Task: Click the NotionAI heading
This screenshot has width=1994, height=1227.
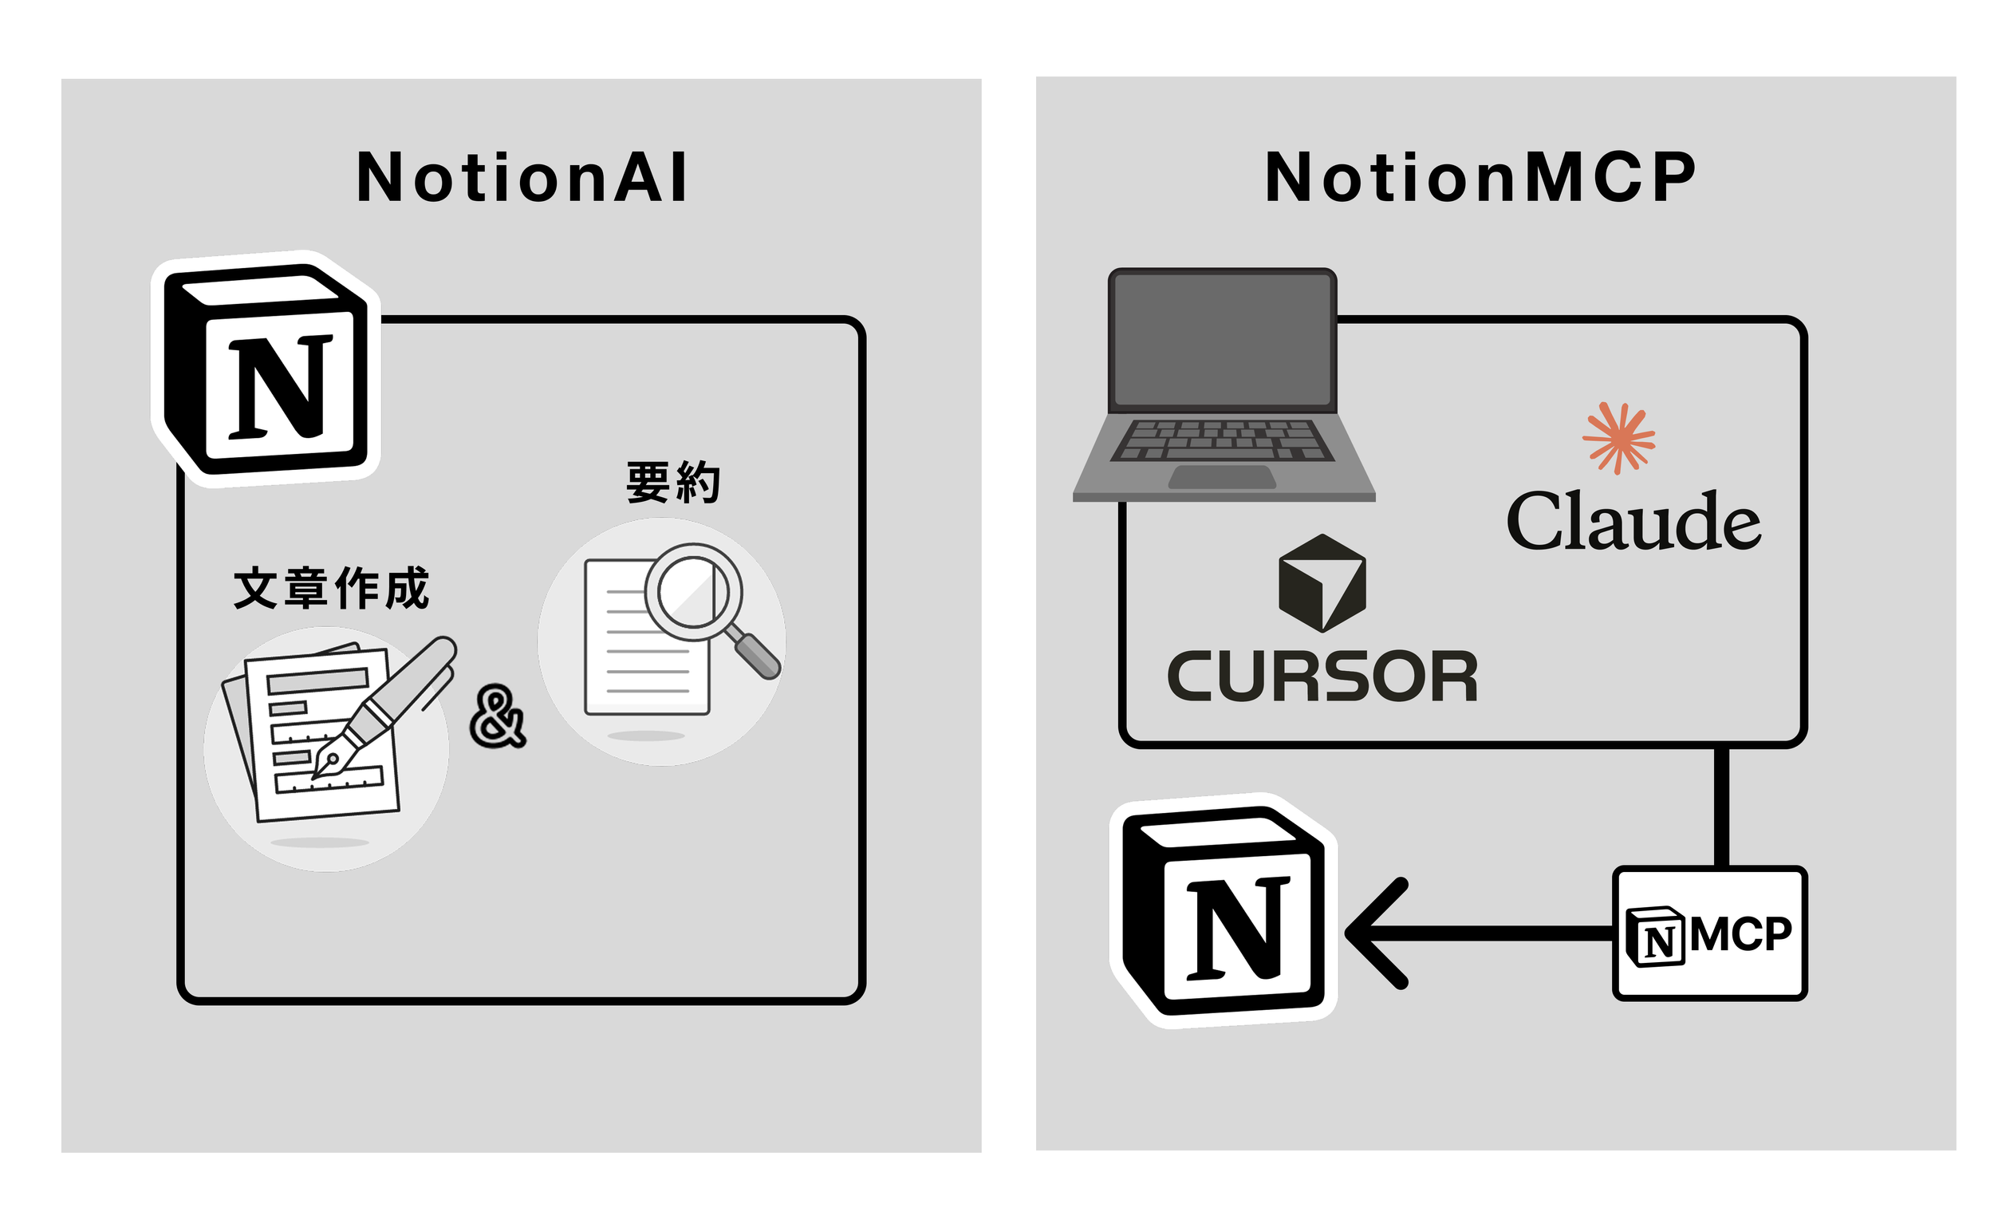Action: point(522,178)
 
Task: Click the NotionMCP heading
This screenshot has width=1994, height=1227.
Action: point(1480,178)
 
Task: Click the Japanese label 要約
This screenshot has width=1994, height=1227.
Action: point(672,483)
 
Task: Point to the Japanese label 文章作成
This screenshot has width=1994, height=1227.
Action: point(331,588)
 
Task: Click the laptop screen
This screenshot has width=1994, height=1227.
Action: point(1223,340)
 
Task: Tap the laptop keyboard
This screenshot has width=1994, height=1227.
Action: point(1222,440)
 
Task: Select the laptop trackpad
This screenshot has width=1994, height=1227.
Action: point(1222,477)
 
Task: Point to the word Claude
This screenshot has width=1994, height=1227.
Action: point(1632,522)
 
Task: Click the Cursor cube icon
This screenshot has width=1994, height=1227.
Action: point(1322,582)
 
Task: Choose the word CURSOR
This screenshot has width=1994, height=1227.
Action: point(1322,677)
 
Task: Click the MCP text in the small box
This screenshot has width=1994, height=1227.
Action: point(1741,934)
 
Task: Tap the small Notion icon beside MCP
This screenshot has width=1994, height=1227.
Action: point(1655,937)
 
